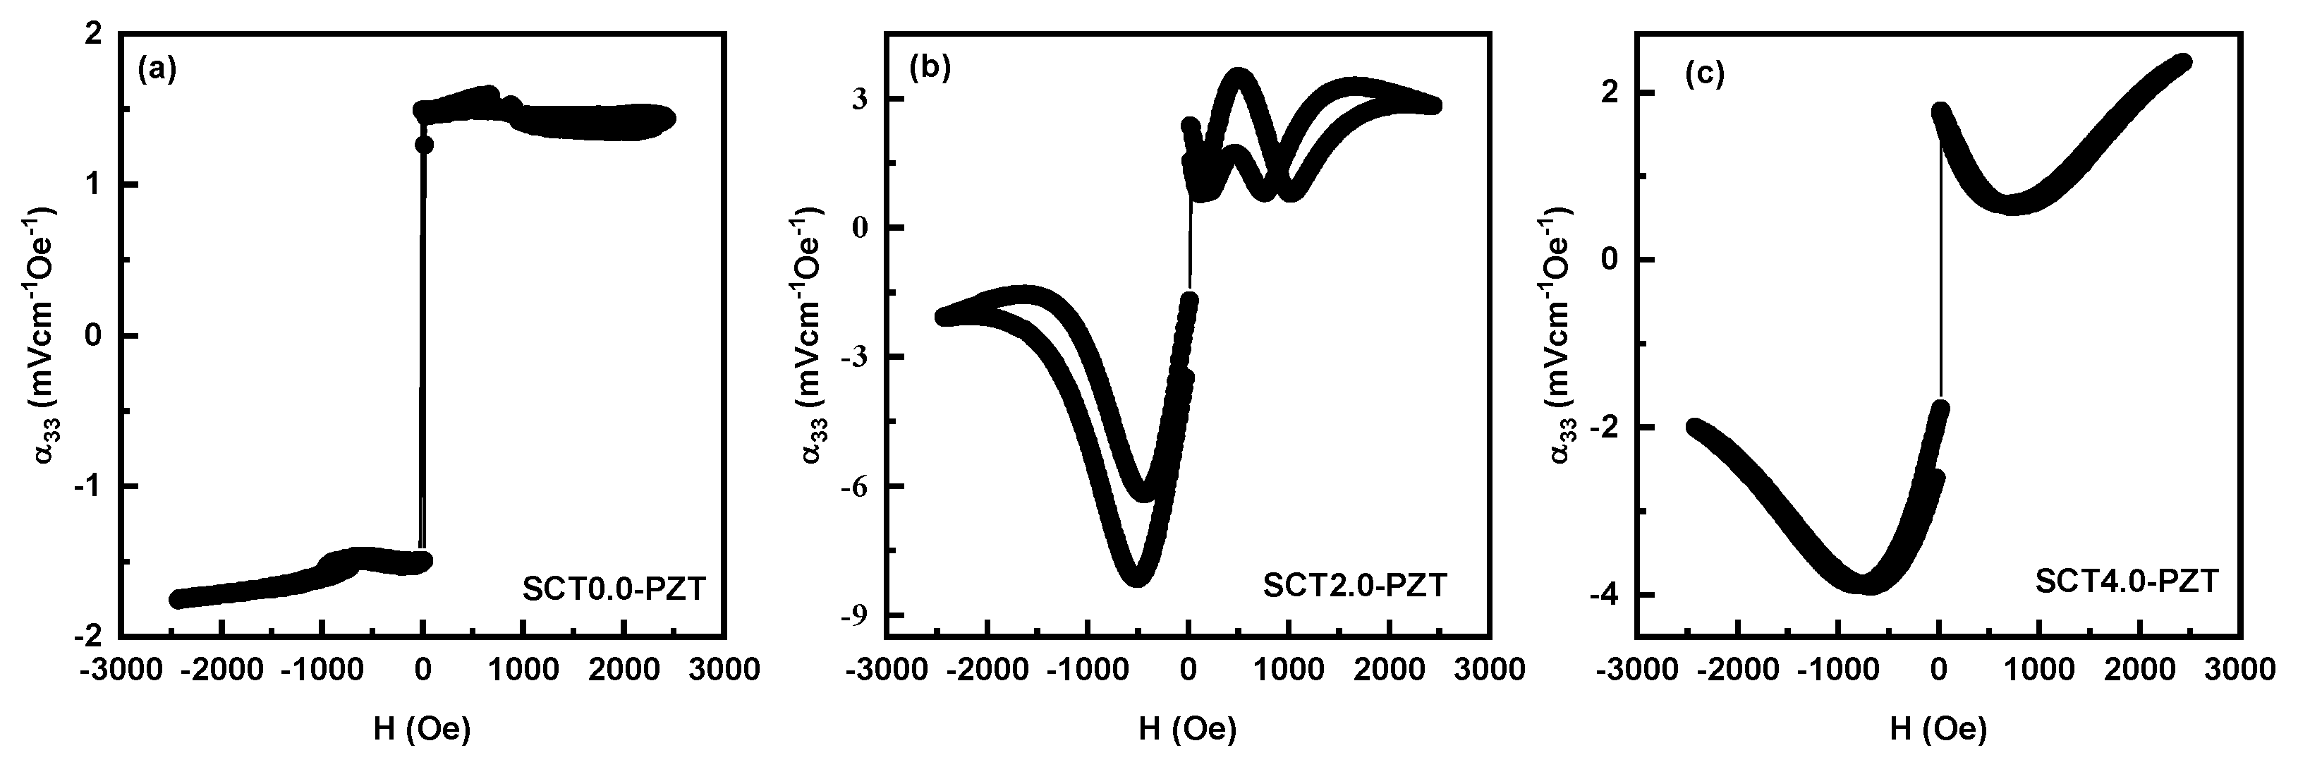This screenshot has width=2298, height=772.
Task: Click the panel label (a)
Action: point(158,71)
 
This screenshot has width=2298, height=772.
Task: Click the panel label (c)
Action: point(1704,75)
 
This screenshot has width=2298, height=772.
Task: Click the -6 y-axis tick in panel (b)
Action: point(857,486)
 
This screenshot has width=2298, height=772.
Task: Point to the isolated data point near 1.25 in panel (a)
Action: point(425,145)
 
